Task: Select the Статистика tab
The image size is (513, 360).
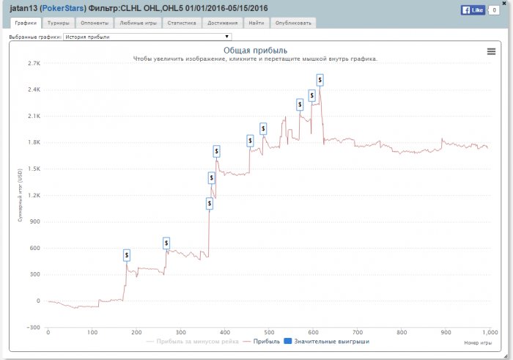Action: tap(182, 23)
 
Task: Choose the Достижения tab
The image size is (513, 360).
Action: tap(222, 23)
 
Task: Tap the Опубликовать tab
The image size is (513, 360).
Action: tap(293, 23)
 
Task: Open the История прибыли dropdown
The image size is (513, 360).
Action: tap(147, 36)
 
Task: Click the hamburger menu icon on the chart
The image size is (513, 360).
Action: tap(491, 51)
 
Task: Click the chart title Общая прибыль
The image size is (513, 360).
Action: tap(256, 51)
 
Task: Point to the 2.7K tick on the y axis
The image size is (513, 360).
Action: tap(33, 63)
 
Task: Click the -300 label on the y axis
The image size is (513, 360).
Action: tap(33, 327)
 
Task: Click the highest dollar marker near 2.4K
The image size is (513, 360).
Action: tap(320, 78)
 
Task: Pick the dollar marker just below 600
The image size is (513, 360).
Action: tap(166, 243)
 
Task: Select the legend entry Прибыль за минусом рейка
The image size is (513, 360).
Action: tap(192, 342)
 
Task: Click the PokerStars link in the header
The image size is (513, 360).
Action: tap(63, 9)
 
